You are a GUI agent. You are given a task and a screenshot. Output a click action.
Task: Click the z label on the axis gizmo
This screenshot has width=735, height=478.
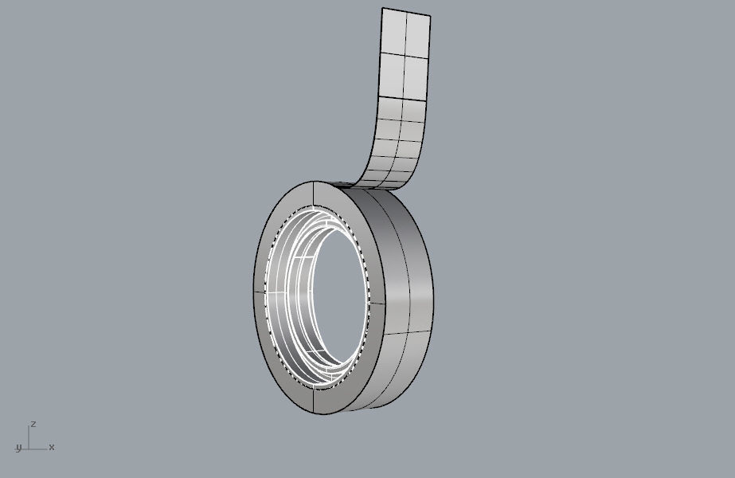pos(33,425)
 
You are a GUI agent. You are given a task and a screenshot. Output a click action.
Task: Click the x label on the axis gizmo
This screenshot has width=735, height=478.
pos(52,447)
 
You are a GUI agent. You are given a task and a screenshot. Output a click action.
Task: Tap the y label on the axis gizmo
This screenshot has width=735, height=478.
pos(18,449)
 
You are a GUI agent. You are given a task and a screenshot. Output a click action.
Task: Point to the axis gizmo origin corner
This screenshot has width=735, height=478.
pos(29,449)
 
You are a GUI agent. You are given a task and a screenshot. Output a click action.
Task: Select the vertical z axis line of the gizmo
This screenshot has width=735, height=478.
pos(29,437)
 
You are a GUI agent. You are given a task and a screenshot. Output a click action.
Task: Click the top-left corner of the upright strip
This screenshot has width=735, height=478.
pos(383,9)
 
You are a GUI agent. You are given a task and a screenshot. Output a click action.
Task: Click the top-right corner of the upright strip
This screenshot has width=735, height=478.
pos(430,16)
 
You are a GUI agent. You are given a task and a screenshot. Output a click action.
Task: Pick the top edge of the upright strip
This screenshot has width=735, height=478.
pos(406,12)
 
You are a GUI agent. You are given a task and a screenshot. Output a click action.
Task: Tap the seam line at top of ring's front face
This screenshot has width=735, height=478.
pos(316,194)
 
